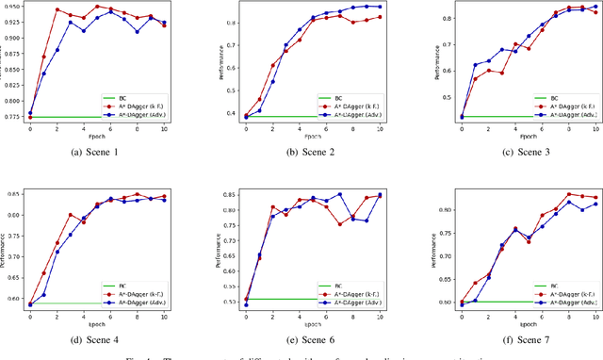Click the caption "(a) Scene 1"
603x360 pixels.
97,153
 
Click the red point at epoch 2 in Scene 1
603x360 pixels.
57,10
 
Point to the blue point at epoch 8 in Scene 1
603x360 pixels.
137,31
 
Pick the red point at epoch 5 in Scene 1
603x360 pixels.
97,6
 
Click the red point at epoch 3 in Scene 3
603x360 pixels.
475,72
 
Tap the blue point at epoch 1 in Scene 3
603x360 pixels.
448,65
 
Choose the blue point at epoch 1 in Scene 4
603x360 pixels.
43,294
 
